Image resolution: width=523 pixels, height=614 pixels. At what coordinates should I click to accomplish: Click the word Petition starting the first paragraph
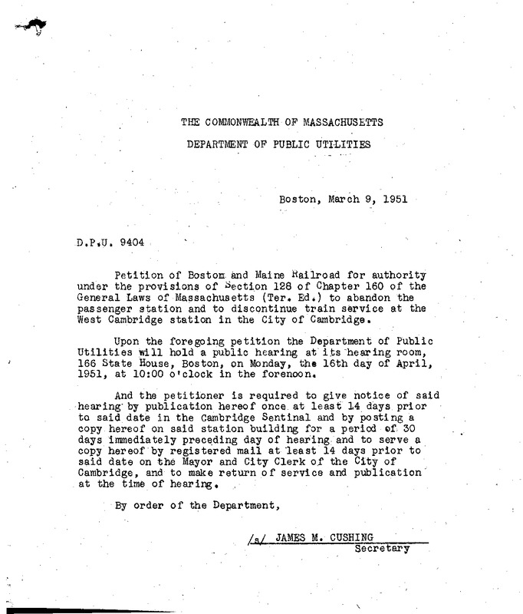tap(137, 275)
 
